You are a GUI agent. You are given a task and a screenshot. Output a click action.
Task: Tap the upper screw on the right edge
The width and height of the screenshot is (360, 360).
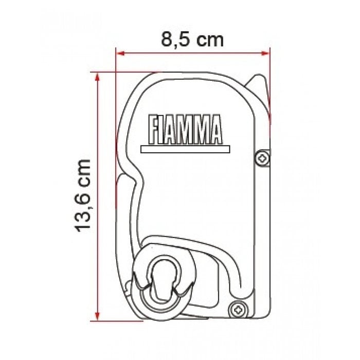coord(263,158)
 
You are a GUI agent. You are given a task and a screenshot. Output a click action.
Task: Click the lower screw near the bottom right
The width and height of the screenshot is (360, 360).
coord(238,309)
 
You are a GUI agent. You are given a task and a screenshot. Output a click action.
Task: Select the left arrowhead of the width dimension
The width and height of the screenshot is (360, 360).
coord(120,51)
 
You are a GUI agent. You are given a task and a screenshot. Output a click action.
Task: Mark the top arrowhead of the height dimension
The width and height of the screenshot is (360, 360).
coord(96,76)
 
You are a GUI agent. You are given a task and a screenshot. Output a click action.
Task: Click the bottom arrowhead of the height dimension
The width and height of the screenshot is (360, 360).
coord(96,317)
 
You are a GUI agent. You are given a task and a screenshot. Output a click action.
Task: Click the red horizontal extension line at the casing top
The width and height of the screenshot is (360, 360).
coord(123,72)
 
